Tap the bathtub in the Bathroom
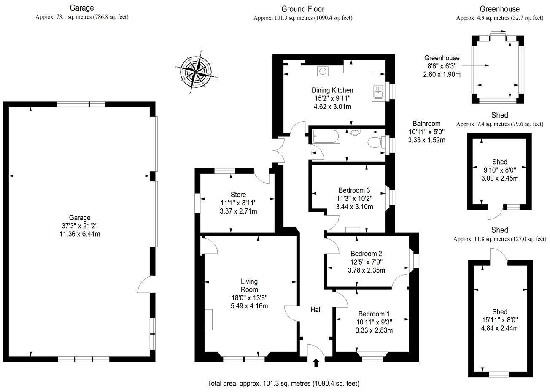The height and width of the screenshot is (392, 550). [x=326, y=137]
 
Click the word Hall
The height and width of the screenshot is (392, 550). [x=316, y=309]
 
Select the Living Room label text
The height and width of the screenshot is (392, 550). [x=249, y=285]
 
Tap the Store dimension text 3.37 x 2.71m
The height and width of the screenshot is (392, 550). [x=238, y=211]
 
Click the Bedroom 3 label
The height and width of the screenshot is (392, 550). [x=354, y=190]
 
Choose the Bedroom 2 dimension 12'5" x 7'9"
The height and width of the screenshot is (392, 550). [x=366, y=262]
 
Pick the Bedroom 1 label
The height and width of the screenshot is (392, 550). [x=374, y=314]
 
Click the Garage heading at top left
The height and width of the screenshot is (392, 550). [x=82, y=8]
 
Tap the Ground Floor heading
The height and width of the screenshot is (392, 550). [x=303, y=9]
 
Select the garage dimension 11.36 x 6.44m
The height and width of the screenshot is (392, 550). [x=80, y=234]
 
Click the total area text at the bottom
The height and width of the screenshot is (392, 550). [x=283, y=384]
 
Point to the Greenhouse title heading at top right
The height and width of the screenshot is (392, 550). [x=499, y=9]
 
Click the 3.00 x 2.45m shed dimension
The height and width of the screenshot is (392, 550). [x=499, y=178]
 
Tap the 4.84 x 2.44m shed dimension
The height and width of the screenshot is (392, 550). [x=499, y=328]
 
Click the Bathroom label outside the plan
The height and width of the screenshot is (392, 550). [x=426, y=124]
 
